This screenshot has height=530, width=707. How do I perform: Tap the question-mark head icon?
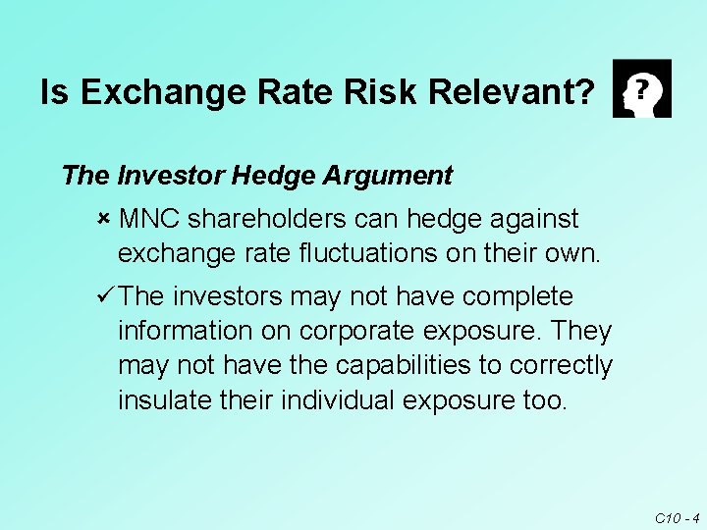641,88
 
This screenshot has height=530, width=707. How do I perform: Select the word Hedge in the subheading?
262,176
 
